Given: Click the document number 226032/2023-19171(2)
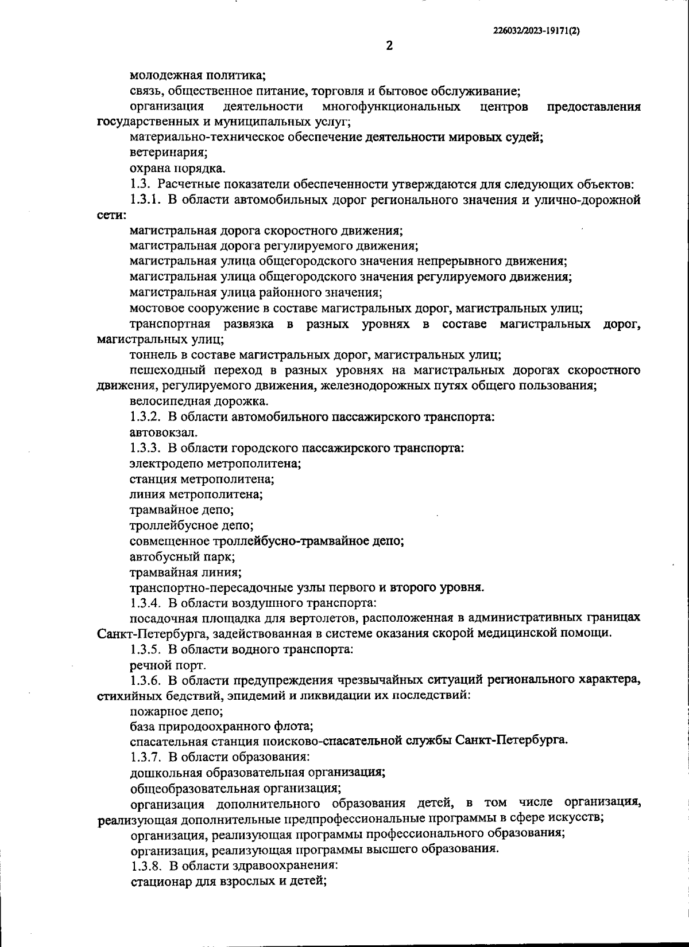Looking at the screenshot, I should pyautogui.click(x=536, y=32).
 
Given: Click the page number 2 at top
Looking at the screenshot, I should pyautogui.click(x=389, y=46).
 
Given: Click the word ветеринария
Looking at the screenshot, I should pyautogui.click(x=168, y=153).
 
